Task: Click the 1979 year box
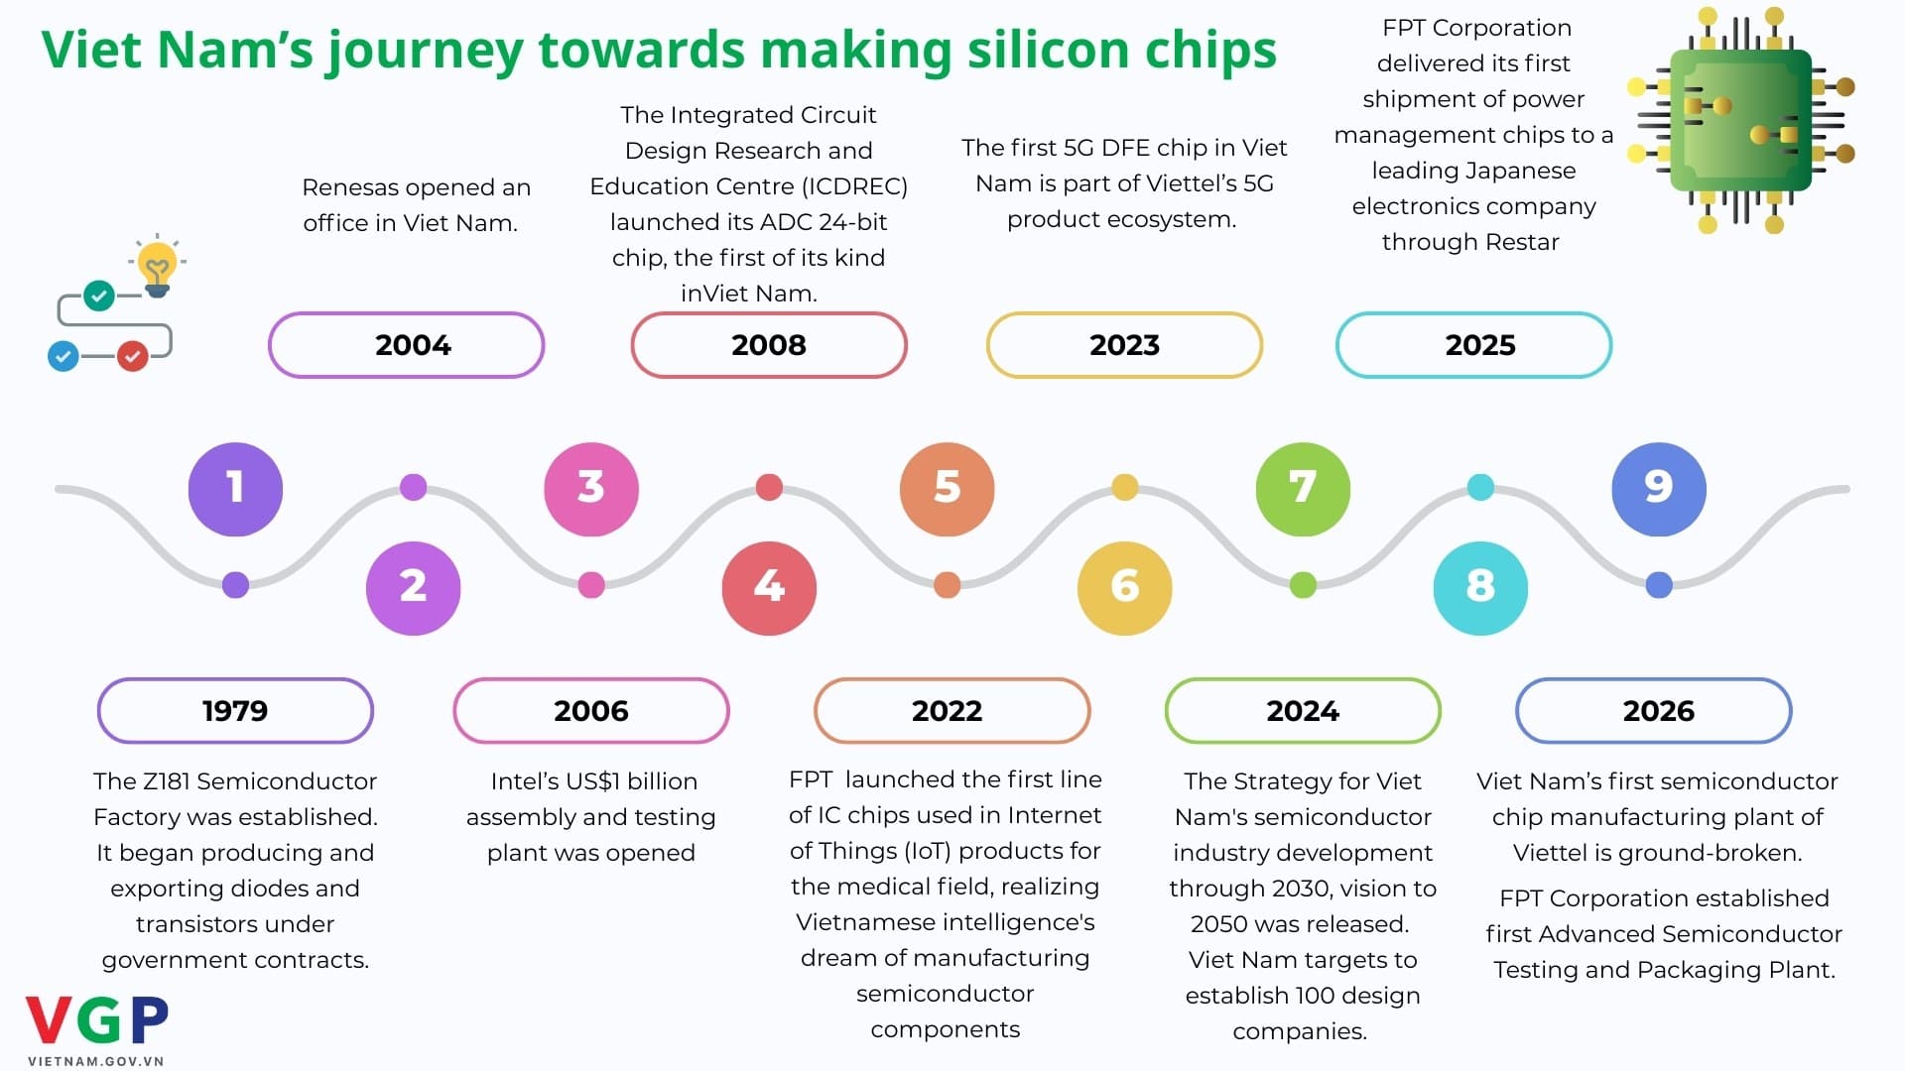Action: (x=235, y=711)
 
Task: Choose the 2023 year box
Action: (x=1124, y=345)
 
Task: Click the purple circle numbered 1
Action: (x=235, y=489)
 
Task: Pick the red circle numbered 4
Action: (x=769, y=588)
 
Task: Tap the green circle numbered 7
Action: (x=1303, y=489)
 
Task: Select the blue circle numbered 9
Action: (x=1659, y=489)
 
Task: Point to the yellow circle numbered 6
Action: (x=1124, y=588)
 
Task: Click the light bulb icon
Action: (x=157, y=266)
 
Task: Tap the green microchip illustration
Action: (x=1741, y=121)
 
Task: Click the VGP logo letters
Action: (x=97, y=1021)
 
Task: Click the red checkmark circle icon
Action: (x=133, y=355)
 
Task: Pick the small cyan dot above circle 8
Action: (x=1480, y=487)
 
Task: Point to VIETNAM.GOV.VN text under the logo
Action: (x=95, y=1061)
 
